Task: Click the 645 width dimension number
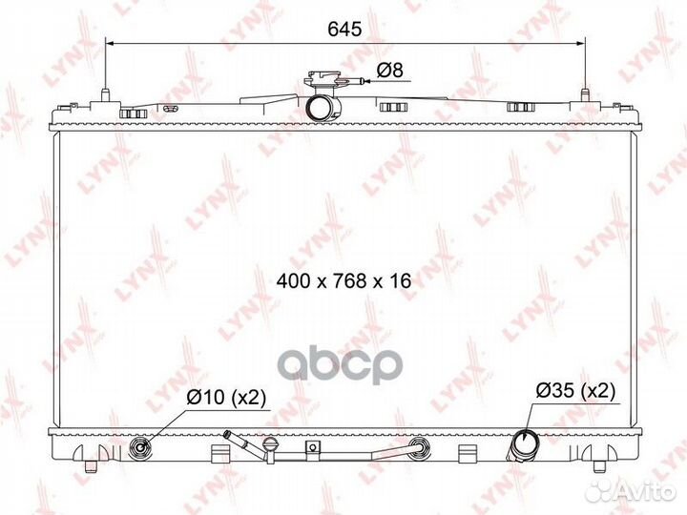tap(344, 30)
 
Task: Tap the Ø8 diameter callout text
tap(390, 70)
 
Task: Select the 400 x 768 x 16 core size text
tap(343, 280)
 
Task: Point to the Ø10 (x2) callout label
tap(226, 398)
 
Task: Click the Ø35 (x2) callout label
tap(575, 391)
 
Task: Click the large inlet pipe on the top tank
tap(323, 108)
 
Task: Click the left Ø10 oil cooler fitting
tap(141, 447)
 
